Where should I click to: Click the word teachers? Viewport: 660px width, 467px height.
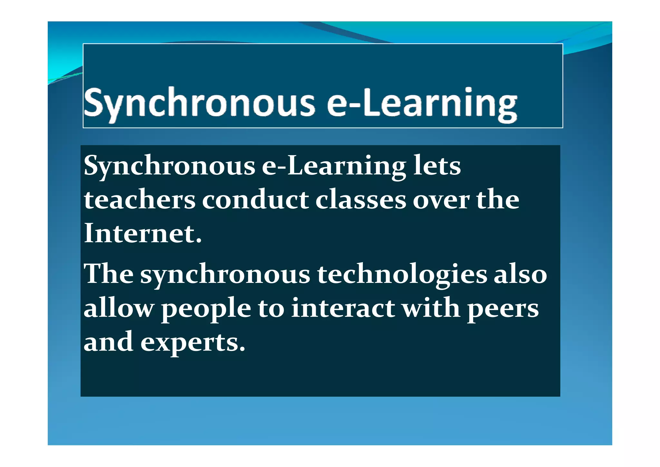140,200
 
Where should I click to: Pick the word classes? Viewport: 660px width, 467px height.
361,200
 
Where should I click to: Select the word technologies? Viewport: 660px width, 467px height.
402,274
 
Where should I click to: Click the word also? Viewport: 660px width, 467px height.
520,274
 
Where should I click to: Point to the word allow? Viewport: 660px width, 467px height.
119,308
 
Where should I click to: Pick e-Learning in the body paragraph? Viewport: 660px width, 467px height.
334,166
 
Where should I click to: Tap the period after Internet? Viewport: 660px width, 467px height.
199,241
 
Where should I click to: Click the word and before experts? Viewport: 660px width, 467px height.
108,342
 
